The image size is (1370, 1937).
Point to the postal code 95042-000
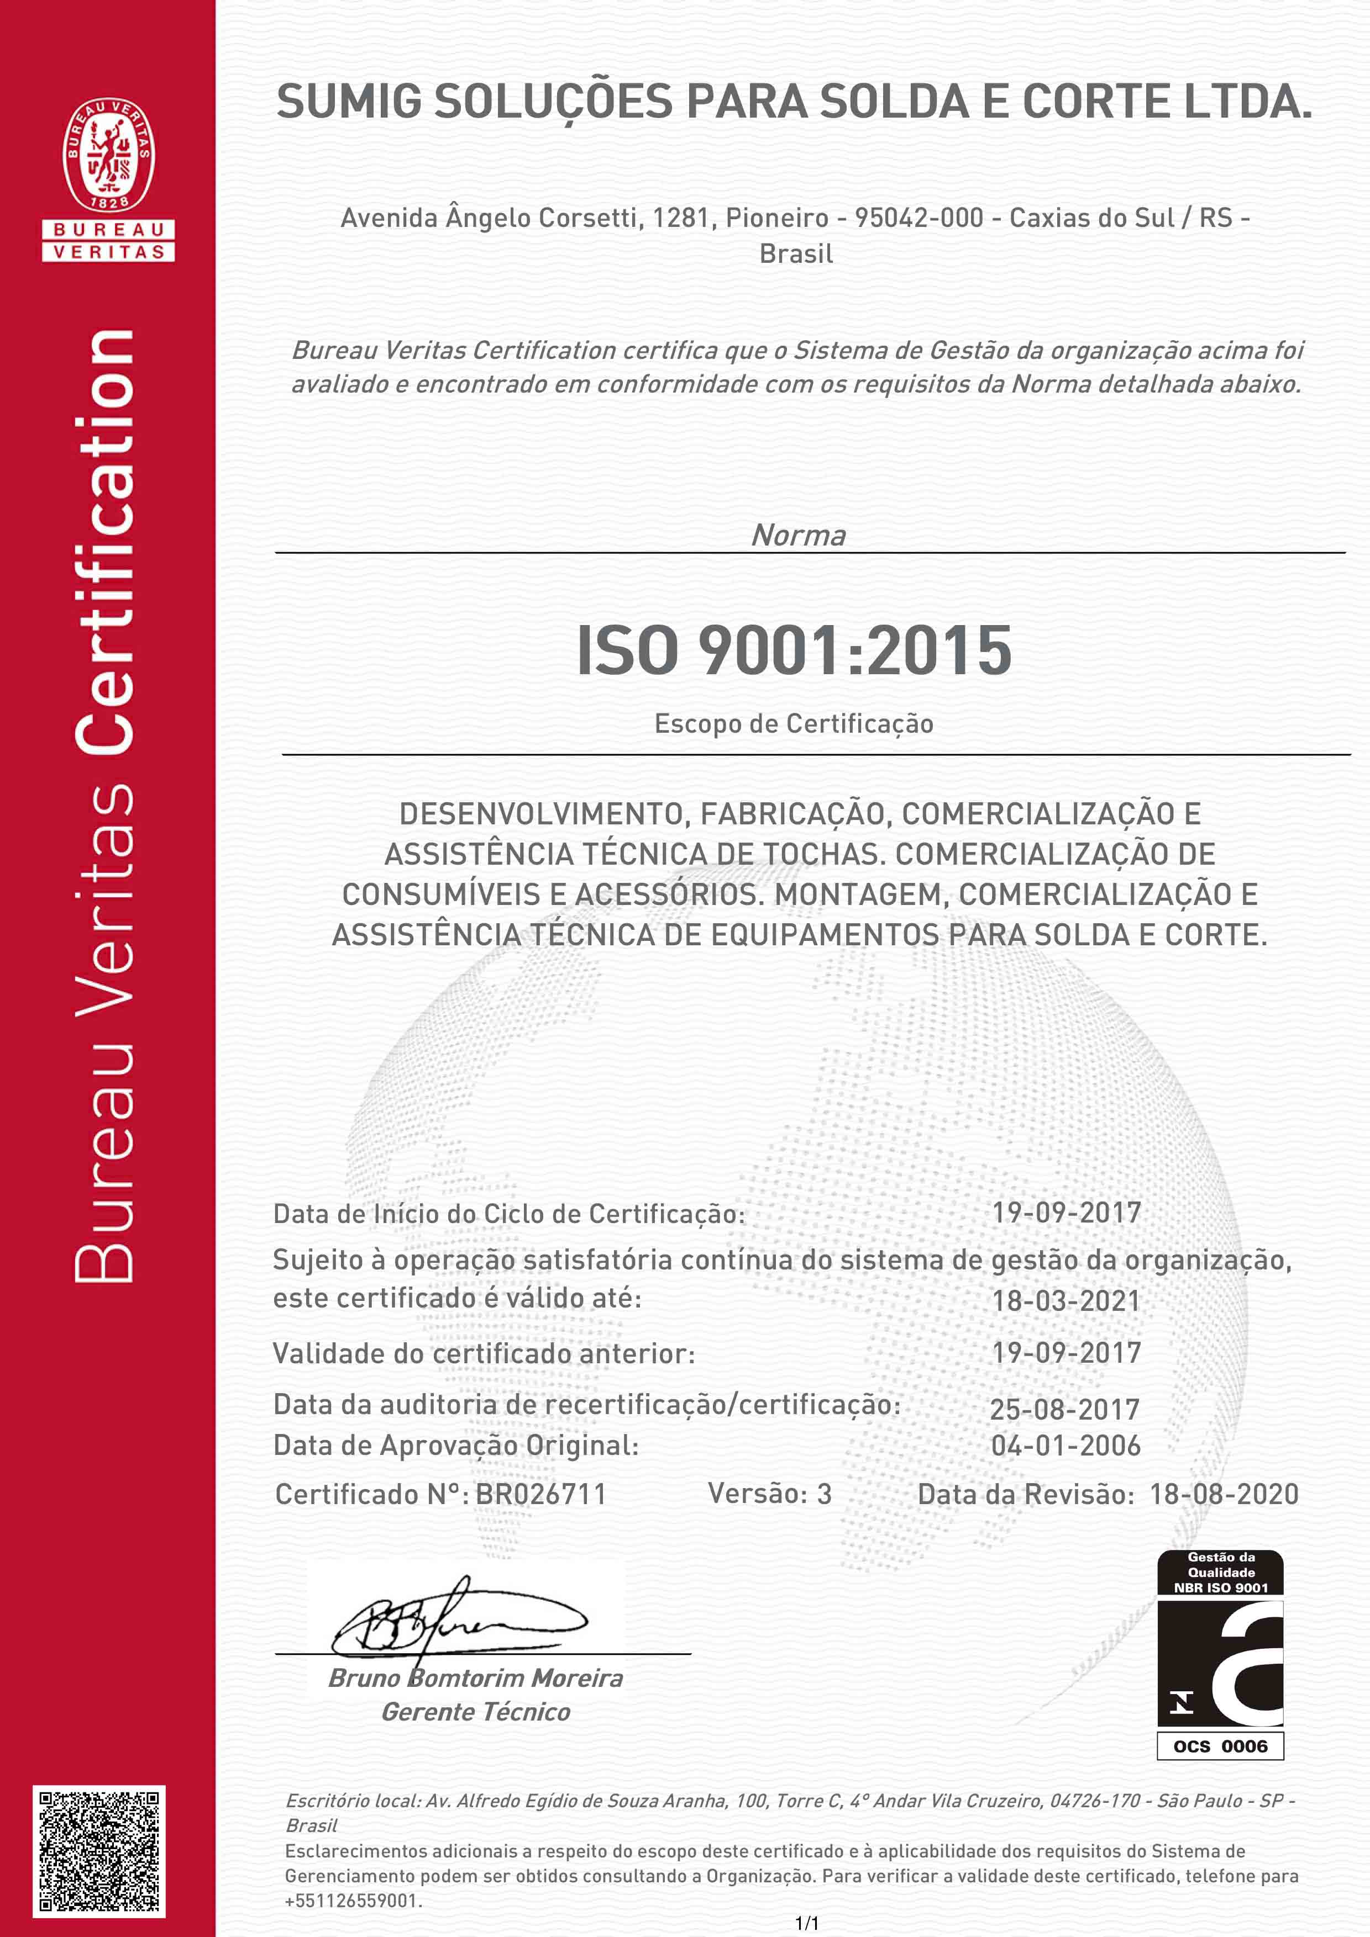click(x=918, y=218)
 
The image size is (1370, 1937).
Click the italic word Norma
click(x=797, y=535)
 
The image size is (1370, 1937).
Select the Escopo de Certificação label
click(x=794, y=724)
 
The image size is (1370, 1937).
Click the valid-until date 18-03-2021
click(x=1065, y=1300)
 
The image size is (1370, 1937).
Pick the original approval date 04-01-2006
click(x=1065, y=1445)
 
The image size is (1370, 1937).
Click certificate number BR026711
click(x=541, y=1494)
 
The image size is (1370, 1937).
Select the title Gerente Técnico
click(x=475, y=1712)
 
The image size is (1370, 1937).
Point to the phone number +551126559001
click(x=352, y=1901)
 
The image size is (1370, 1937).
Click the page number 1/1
click(x=807, y=1924)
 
